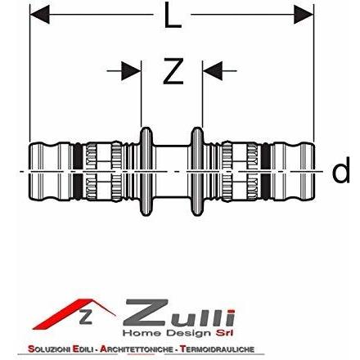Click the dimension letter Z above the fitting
point(173,70)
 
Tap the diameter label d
point(340,170)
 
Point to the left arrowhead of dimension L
point(39,14)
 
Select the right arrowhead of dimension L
point(304,14)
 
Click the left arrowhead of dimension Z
point(131,71)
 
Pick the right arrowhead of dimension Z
point(213,71)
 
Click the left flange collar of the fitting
point(146,171)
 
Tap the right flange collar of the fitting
point(197,171)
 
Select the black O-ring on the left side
point(78,171)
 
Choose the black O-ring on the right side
point(266,171)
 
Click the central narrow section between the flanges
point(171,171)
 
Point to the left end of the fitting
point(29,172)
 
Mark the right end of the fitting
point(314,172)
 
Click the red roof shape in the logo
point(73,313)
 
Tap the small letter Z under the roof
point(86,317)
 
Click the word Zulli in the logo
point(178,313)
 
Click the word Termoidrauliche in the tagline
point(218,349)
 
